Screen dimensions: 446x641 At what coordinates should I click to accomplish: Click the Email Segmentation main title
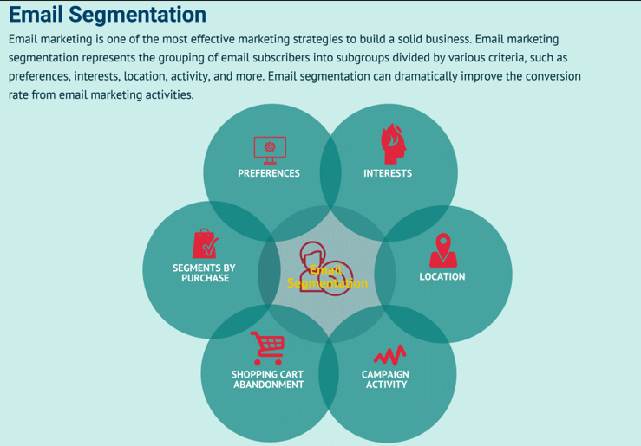click(x=108, y=15)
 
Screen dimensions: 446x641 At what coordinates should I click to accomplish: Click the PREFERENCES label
click(x=269, y=173)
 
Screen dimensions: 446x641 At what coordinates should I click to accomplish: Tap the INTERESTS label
click(x=388, y=173)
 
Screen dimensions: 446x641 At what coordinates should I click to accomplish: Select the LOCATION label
click(x=442, y=277)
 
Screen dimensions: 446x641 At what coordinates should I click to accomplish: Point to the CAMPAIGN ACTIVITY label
click(x=386, y=379)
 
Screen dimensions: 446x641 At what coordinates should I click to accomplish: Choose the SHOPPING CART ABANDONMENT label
click(x=268, y=379)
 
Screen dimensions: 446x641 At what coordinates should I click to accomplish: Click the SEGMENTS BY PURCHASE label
click(x=206, y=274)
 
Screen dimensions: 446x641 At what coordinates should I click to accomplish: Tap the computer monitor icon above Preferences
click(x=270, y=149)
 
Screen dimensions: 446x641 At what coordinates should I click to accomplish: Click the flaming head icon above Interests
click(x=393, y=144)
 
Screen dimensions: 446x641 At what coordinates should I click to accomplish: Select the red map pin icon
click(x=442, y=250)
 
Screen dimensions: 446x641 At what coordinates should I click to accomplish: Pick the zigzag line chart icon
click(x=389, y=355)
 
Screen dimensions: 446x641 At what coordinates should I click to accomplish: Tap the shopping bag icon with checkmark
click(x=205, y=244)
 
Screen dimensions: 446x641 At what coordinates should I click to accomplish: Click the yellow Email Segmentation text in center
click(x=327, y=277)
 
